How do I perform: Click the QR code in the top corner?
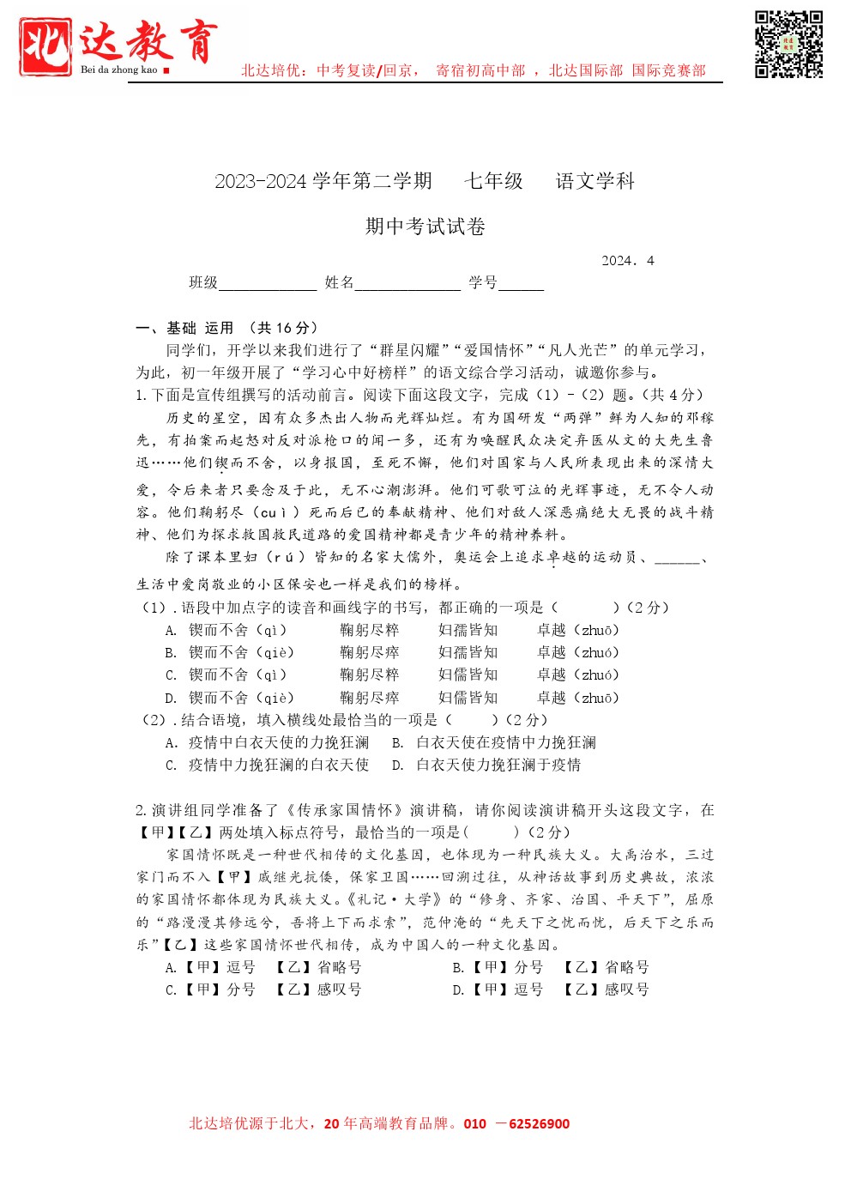coord(788,45)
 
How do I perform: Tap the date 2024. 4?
coord(627,261)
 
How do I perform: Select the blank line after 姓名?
coord(407,285)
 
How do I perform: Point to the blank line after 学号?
coord(521,285)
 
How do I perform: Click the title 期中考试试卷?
coord(425,227)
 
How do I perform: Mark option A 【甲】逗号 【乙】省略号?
coord(264,968)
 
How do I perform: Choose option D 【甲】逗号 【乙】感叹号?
coord(551,990)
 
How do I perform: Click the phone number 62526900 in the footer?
coord(539,1124)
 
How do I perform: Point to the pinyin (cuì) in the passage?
coord(279,513)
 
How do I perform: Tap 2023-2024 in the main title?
coord(261,182)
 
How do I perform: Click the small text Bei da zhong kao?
coord(119,70)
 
